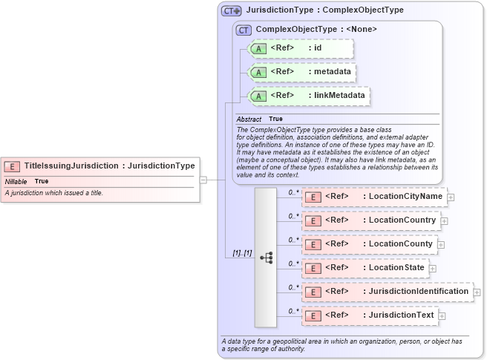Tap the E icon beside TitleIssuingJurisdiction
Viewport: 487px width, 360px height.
tap(12, 166)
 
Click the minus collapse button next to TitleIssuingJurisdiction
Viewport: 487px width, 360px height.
tap(203, 179)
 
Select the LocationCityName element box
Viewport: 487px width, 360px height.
tap(374, 197)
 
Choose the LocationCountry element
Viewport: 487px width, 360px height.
tap(370, 220)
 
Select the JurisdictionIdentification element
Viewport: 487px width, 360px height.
tap(387, 292)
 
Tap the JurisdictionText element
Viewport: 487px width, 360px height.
tap(369, 315)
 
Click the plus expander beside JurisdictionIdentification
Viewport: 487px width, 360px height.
tap(477, 292)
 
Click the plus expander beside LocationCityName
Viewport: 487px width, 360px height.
tap(451, 197)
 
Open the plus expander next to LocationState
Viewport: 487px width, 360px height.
tap(433, 269)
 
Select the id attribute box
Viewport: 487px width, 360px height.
tap(301, 49)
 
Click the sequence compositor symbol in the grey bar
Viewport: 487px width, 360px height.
tap(266, 257)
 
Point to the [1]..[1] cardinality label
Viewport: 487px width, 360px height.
tap(242, 253)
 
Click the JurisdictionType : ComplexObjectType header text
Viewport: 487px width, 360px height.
tap(324, 10)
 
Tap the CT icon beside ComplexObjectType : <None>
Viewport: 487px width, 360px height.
tap(243, 30)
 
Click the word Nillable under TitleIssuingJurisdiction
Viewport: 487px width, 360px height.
tap(16, 181)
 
